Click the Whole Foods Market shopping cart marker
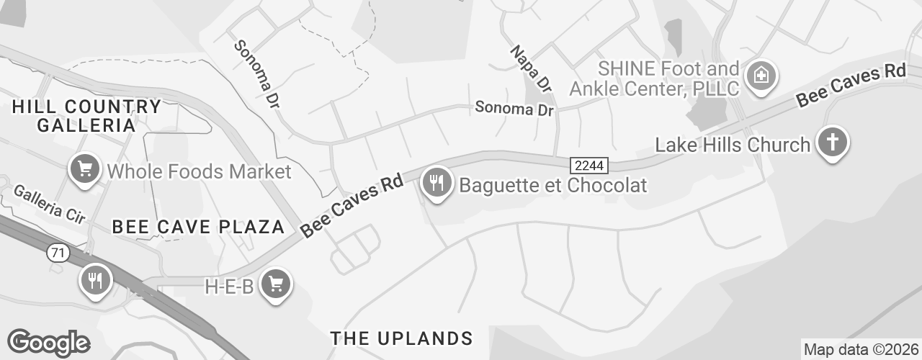pyautogui.click(x=85, y=170)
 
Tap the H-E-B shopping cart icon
pyautogui.click(x=275, y=284)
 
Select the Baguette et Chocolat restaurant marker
pyautogui.click(x=436, y=183)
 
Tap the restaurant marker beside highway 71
pyautogui.click(x=95, y=279)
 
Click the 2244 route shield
pyautogui.click(x=590, y=166)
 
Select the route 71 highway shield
pyautogui.click(x=56, y=253)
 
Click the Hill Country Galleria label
pyautogui.click(x=86, y=116)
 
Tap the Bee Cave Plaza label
pyautogui.click(x=199, y=227)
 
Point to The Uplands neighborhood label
pyautogui.click(x=401, y=338)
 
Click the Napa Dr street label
pyautogui.click(x=531, y=68)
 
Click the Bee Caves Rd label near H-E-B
pyautogui.click(x=351, y=205)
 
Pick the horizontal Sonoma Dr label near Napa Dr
pyautogui.click(x=514, y=109)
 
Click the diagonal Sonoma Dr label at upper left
pyautogui.click(x=256, y=74)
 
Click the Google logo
pyautogui.click(x=48, y=342)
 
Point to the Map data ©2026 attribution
pyautogui.click(x=861, y=350)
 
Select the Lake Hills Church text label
pyautogui.click(x=732, y=145)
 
